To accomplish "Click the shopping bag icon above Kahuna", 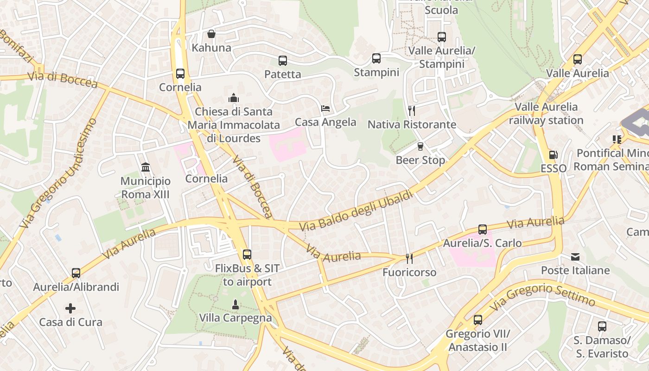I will tap(211, 34).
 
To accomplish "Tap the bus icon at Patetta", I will tap(283, 60).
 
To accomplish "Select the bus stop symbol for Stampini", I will tap(376, 58).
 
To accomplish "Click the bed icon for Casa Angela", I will tap(325, 109).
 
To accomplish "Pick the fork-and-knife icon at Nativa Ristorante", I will tap(411, 110).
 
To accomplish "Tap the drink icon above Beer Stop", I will tap(420, 146).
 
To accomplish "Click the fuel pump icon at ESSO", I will tap(553, 154).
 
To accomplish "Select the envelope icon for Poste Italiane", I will tap(575, 256).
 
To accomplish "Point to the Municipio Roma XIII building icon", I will tap(146, 167).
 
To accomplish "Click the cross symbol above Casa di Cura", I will tap(70, 308).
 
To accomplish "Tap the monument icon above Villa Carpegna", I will tap(235, 304).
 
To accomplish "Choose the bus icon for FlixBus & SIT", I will tap(247, 254).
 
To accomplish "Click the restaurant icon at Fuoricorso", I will tap(409, 258).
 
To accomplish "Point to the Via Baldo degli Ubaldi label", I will tap(356, 211).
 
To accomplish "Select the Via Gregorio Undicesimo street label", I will tap(59, 173).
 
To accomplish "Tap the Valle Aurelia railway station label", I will tap(546, 114).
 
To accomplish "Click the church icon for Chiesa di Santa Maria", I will tap(233, 98).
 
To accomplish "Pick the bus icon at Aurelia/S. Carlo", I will tap(483, 229).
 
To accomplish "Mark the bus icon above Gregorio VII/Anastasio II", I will tap(478, 320).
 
